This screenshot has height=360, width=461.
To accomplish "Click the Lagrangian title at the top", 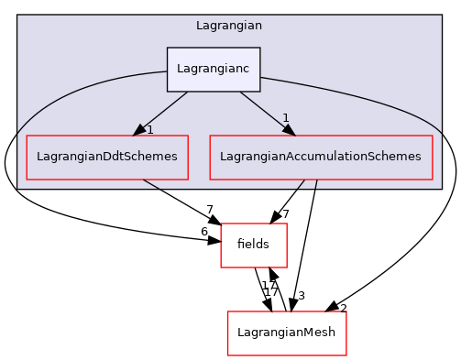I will (x=229, y=26).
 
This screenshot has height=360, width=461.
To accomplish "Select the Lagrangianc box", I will (x=214, y=70).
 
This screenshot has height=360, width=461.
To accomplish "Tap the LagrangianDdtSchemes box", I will (x=107, y=158).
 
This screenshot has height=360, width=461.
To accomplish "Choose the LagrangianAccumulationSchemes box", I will (x=321, y=158).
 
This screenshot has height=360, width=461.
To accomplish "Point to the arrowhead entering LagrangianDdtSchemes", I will (x=139, y=130).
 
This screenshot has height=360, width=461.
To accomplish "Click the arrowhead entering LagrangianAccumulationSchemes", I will (x=288, y=129).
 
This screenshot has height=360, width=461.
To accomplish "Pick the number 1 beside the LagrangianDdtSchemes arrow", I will (x=150, y=129).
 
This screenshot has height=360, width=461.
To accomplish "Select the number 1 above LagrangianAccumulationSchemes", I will (x=286, y=118).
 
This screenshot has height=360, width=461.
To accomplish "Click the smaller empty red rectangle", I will (x=254, y=245).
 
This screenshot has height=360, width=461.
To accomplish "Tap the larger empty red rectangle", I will (x=287, y=333).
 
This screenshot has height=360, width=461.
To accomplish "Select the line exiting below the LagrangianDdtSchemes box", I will (x=151, y=184).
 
